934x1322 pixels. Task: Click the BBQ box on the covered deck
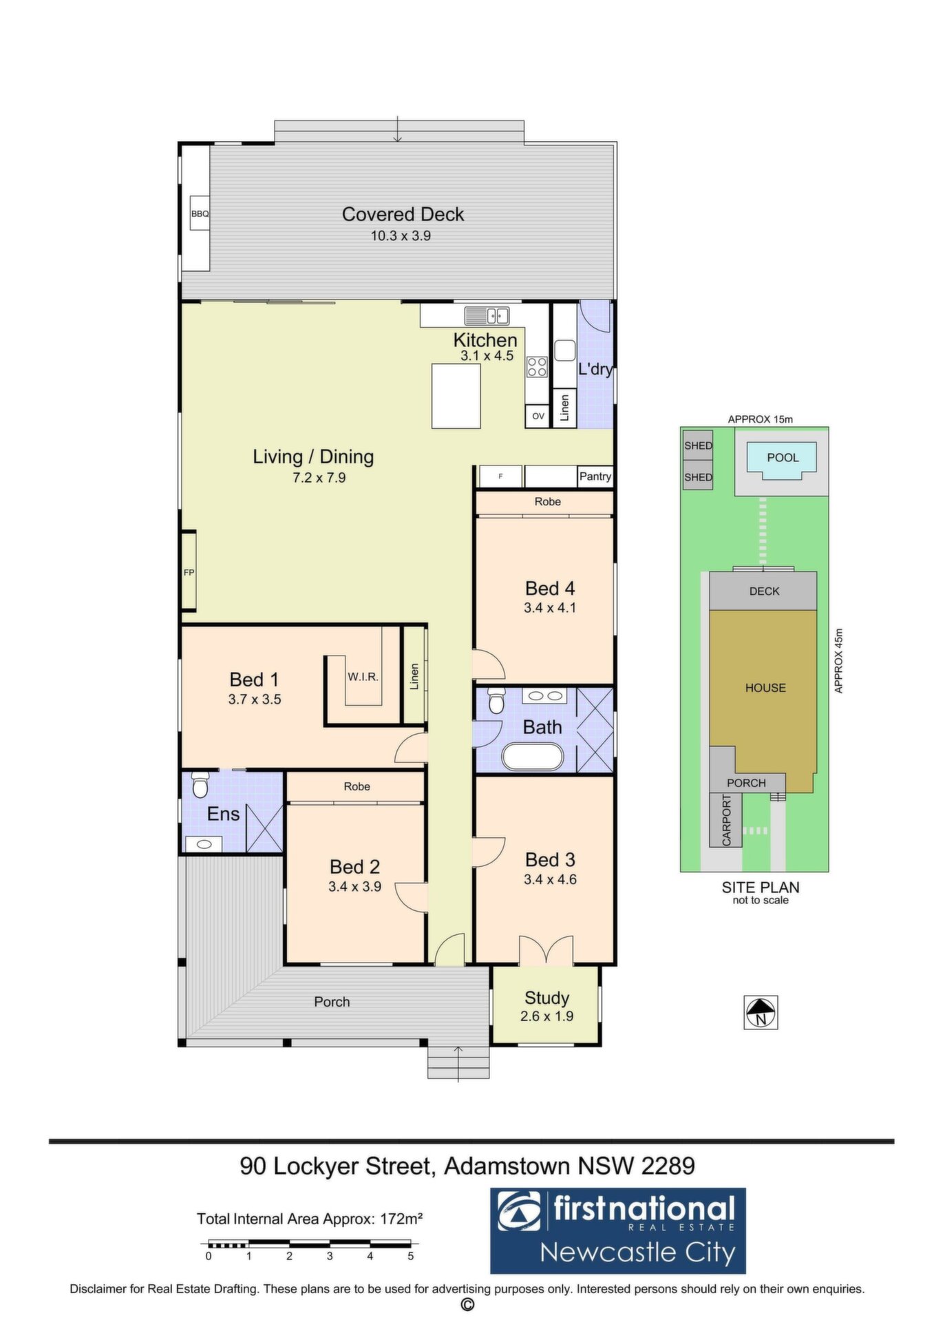[x=200, y=214]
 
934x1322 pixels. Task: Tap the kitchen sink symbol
[x=486, y=315]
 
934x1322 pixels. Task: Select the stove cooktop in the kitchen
[x=537, y=366]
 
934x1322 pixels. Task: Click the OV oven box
[x=538, y=416]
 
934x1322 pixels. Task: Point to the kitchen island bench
[x=456, y=396]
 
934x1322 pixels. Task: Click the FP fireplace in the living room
[x=189, y=571]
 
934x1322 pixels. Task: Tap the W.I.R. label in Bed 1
[x=363, y=677]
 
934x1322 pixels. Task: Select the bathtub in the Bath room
[x=533, y=757]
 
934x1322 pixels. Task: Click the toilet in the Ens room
[x=200, y=784]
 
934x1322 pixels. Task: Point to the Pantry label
[x=595, y=476]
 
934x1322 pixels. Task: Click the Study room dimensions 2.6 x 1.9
[x=546, y=1016]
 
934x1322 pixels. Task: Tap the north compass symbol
[x=761, y=1013]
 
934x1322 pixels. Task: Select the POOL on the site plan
[x=783, y=458]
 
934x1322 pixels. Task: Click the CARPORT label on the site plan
[x=726, y=820]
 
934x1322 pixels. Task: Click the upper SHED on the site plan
[x=698, y=445]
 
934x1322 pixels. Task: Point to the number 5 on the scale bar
[x=411, y=1256]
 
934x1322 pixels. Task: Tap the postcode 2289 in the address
[x=668, y=1166]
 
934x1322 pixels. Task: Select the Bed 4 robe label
[x=548, y=502]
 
